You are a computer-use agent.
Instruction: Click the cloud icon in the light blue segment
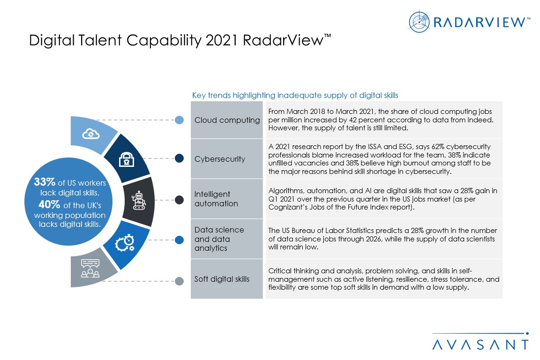pyautogui.click(x=90, y=134)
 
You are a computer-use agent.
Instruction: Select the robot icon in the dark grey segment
pyautogui.click(x=139, y=200)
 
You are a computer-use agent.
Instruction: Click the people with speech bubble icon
pyautogui.click(x=90, y=269)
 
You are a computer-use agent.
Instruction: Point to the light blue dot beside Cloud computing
pyautogui.click(x=179, y=120)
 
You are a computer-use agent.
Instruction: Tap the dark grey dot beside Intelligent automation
pyautogui.click(x=179, y=200)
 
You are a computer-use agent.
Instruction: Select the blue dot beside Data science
pyautogui.click(x=179, y=240)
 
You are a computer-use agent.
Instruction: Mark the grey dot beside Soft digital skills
pyautogui.click(x=179, y=281)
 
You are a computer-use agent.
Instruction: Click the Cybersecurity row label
pyautogui.click(x=220, y=159)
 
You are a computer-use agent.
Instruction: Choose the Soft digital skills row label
pyautogui.click(x=222, y=279)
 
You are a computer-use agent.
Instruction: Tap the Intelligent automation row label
pyautogui.click(x=216, y=199)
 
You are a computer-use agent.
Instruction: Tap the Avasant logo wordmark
pyautogui.click(x=480, y=345)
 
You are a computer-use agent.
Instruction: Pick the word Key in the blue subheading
pyautogui.click(x=198, y=95)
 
